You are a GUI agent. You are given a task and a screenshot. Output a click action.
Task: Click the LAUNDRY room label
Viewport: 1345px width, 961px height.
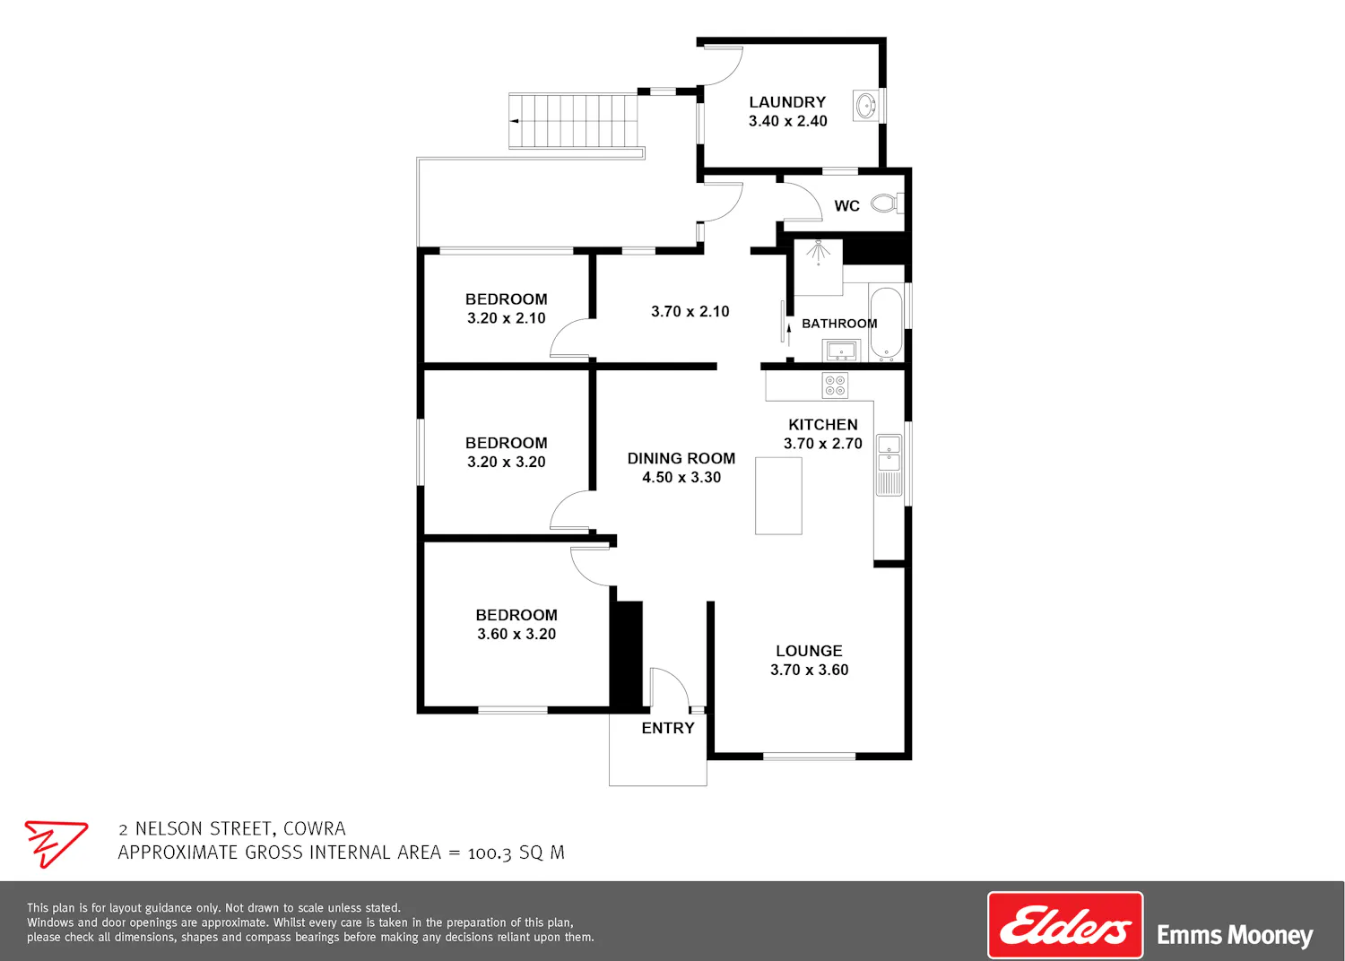(x=787, y=102)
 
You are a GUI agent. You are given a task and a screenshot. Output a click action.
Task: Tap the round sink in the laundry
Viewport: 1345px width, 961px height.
(x=866, y=107)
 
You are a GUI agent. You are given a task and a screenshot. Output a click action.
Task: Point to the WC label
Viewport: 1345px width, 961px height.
(x=846, y=206)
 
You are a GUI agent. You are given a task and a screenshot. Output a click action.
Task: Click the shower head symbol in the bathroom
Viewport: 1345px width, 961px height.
(x=818, y=250)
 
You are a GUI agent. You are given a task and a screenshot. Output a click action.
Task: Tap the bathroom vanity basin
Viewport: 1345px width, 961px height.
(x=841, y=351)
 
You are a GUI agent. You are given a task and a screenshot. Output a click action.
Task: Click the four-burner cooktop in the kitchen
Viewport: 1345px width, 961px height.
(x=835, y=385)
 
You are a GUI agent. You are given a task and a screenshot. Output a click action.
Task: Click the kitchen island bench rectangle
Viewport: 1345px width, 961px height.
(x=778, y=496)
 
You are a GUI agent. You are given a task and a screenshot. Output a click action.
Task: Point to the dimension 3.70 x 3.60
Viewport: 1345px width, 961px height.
(x=810, y=670)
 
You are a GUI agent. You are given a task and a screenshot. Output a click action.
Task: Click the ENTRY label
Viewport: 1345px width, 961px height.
(x=668, y=728)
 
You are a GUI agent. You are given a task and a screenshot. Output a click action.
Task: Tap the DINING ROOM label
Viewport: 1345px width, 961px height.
(x=681, y=459)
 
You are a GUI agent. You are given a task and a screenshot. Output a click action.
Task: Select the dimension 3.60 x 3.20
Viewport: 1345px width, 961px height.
(x=516, y=634)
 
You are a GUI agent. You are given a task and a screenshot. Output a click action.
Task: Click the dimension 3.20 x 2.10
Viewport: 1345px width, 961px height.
(x=507, y=318)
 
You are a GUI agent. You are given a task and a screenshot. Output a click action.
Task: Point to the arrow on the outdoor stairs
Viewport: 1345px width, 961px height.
(x=515, y=121)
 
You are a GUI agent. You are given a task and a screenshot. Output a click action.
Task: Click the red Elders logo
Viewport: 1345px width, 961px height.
(x=1065, y=925)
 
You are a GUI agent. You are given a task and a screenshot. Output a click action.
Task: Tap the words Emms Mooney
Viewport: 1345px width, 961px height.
(x=1235, y=935)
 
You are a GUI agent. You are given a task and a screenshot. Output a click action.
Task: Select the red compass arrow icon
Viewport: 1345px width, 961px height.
(x=56, y=844)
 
